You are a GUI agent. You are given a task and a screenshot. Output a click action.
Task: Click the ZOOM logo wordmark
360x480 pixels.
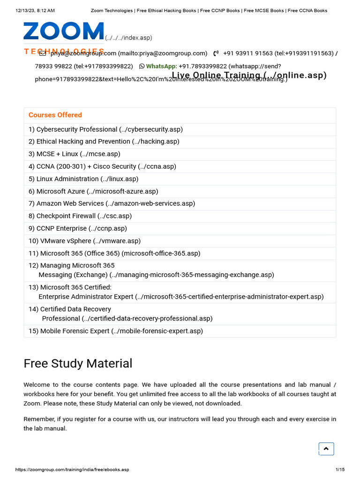point(64,31)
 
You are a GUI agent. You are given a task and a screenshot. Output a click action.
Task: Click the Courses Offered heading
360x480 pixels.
point(55,115)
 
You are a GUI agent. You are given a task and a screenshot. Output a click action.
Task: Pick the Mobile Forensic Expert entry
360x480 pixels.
point(115,331)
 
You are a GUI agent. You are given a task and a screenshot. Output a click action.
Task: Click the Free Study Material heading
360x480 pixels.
point(78,363)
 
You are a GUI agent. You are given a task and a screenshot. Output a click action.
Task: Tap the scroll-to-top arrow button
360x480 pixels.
point(326,449)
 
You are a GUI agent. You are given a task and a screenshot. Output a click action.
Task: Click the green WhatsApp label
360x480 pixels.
point(161,67)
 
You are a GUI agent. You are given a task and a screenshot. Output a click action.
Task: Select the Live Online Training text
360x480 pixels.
point(249,75)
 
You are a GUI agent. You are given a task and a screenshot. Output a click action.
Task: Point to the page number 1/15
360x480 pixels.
point(340,470)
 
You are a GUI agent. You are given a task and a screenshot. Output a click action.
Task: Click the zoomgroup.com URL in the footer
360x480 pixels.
point(72,470)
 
